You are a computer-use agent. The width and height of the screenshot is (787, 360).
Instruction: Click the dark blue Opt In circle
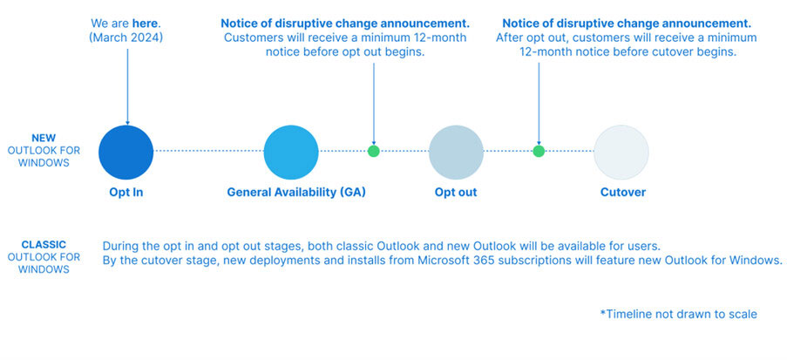(126, 153)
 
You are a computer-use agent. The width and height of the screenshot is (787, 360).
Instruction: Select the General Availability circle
(291, 153)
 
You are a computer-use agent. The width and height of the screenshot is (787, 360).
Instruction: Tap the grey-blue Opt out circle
(456, 153)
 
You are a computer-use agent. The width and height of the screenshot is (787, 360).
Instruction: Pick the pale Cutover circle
(621, 153)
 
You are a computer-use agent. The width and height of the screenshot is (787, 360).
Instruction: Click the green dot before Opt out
(373, 151)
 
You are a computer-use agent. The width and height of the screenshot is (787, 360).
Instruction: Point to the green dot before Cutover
(539, 151)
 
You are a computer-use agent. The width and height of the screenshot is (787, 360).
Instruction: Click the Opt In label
(126, 193)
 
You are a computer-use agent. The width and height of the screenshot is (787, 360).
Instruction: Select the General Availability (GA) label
(296, 193)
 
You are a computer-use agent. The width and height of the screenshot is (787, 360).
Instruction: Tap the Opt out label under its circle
(456, 193)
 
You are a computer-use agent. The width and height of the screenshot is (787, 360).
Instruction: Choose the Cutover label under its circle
(623, 193)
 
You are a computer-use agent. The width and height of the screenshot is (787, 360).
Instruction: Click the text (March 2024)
(126, 37)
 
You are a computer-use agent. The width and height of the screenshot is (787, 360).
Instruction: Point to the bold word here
(144, 23)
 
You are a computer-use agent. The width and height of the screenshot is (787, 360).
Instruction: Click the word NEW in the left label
(44, 138)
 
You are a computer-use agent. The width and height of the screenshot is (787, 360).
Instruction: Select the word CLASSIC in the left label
(44, 245)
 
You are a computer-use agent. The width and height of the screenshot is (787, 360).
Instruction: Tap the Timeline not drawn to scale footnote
(679, 315)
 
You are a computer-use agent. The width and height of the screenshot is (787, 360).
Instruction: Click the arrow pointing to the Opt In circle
(127, 86)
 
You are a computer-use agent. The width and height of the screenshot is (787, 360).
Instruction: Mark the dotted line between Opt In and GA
(209, 151)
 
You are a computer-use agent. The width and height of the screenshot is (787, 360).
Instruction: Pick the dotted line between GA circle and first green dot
(343, 151)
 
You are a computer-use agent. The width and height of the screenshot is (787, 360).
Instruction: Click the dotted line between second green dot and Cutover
(569, 151)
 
